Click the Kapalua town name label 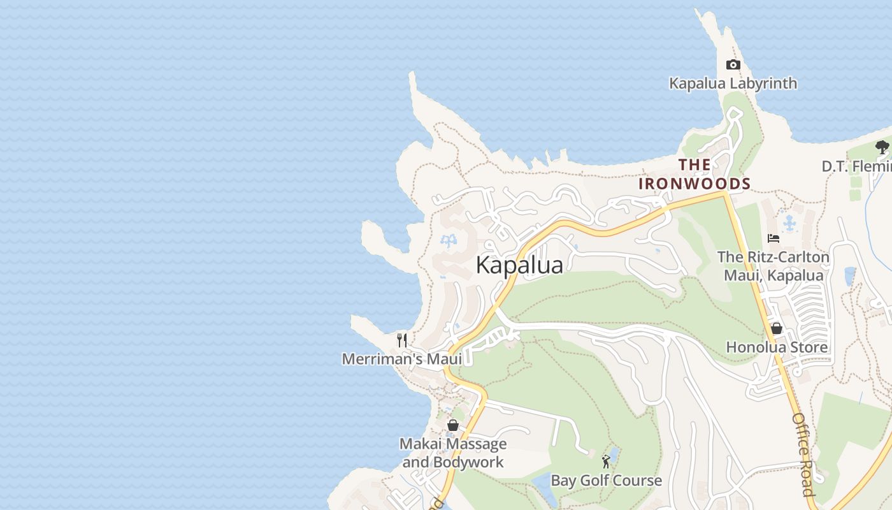(519, 265)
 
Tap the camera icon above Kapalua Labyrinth (733, 64)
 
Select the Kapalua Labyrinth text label (733, 84)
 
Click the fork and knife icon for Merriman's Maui (401, 340)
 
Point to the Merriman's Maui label (401, 359)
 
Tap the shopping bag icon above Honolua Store (776, 328)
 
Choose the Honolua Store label (777, 347)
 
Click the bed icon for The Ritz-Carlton (773, 238)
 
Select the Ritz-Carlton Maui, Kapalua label (773, 266)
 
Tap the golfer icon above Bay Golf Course (606, 461)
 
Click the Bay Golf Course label (606, 480)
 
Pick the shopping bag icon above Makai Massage (452, 425)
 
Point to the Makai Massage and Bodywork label (453, 453)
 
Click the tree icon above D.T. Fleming (882, 147)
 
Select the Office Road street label (803, 454)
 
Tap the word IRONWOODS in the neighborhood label (694, 184)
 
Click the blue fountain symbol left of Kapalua (449, 241)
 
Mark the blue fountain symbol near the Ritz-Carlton (790, 223)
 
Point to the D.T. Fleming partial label (856, 166)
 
